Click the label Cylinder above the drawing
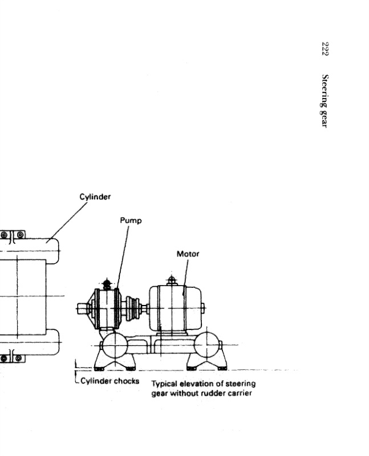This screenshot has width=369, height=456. click(95, 197)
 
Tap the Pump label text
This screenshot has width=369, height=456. click(130, 219)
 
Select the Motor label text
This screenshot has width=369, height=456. click(188, 254)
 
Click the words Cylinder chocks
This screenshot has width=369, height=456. click(109, 381)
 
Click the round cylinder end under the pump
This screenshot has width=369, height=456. click(113, 345)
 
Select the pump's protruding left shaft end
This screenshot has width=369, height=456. click(82, 309)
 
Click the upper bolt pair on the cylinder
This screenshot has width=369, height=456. click(12, 234)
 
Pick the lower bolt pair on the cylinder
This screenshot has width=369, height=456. click(12, 358)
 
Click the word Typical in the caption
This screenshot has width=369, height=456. click(164, 384)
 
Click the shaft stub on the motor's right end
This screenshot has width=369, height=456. click(203, 308)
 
